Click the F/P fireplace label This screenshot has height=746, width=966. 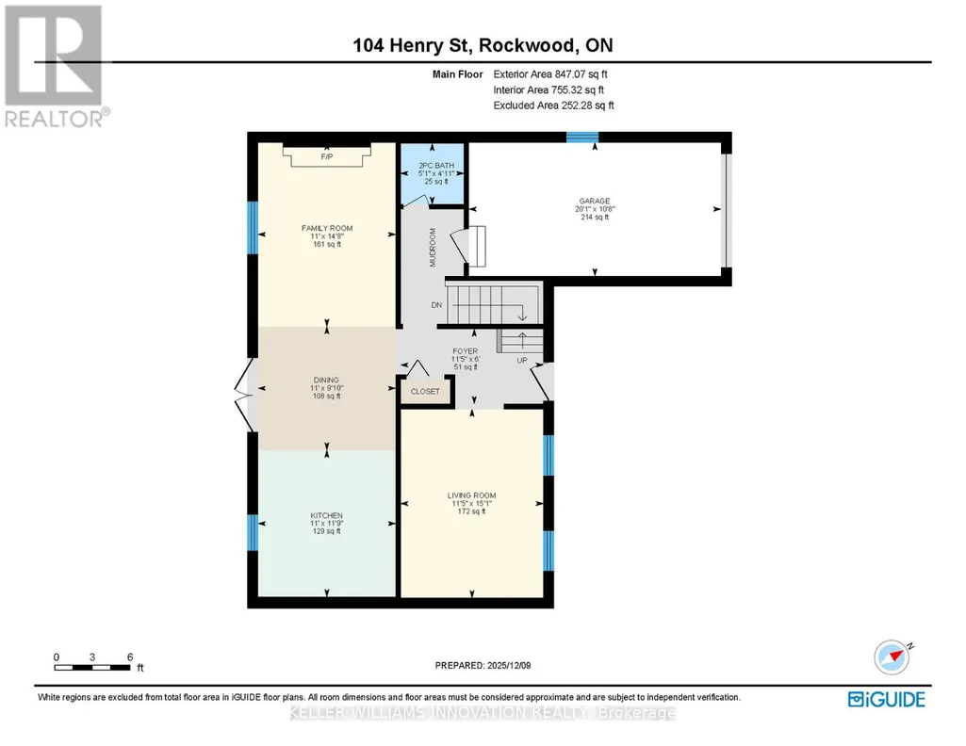[326, 157]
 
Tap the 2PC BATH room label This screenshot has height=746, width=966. [436, 166]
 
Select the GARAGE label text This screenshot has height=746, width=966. [595, 201]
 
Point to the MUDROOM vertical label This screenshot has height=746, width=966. [433, 248]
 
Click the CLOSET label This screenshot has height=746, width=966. [425, 392]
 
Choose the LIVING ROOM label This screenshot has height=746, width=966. [471, 495]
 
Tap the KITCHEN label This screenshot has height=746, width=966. [326, 516]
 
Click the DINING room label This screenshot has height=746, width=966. [326, 381]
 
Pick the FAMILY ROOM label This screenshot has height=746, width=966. [327, 228]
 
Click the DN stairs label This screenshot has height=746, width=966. [436, 305]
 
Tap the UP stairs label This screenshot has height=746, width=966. [522, 360]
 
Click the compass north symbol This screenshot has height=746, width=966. [892, 657]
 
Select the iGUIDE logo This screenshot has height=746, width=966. [887, 699]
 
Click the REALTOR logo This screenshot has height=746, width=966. [56, 67]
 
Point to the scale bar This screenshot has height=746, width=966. [92, 668]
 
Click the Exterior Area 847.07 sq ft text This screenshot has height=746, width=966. [550, 73]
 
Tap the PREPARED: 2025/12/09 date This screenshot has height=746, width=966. [483, 665]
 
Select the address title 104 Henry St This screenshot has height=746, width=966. [412, 45]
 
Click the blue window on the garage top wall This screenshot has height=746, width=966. [582, 138]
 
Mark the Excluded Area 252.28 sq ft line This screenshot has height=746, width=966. [554, 105]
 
